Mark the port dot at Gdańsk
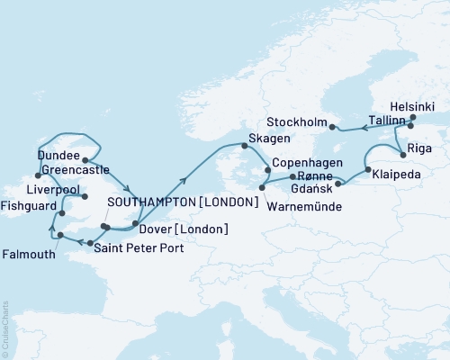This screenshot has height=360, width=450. coord(337,184)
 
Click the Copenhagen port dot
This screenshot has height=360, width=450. coord(266,167)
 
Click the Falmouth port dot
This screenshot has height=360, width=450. coord(60,235)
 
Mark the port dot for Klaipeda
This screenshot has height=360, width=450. coord(367,168)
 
